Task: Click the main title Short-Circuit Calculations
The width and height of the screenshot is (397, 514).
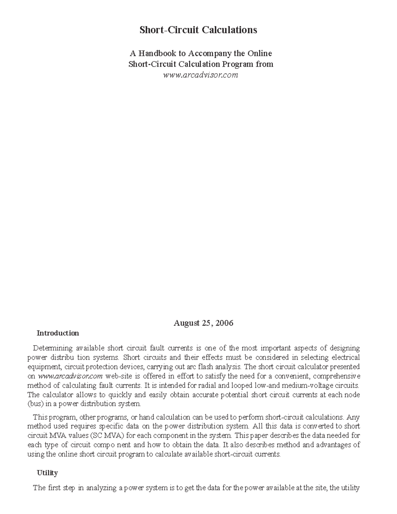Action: pos(198,30)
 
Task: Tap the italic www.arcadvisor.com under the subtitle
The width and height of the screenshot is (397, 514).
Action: pos(200,75)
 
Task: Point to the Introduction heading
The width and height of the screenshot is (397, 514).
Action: pos(58,333)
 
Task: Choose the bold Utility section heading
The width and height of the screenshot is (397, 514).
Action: pos(47,473)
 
